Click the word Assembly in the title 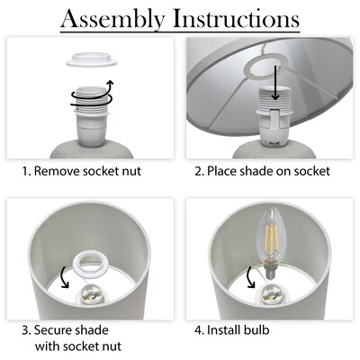pyautogui.click(x=112, y=19)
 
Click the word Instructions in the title pyautogui.click(x=236, y=18)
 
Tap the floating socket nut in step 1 pyautogui.click(x=91, y=59)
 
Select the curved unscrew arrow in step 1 pyautogui.click(x=93, y=96)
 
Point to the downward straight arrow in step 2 pyautogui.click(x=275, y=82)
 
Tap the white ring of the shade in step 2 pyautogui.click(x=266, y=67)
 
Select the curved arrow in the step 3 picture pyautogui.click(x=64, y=276)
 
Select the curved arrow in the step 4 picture pyautogui.click(x=250, y=276)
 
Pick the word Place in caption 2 pyautogui.click(x=220, y=171)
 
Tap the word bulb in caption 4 pyautogui.click(x=256, y=330)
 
